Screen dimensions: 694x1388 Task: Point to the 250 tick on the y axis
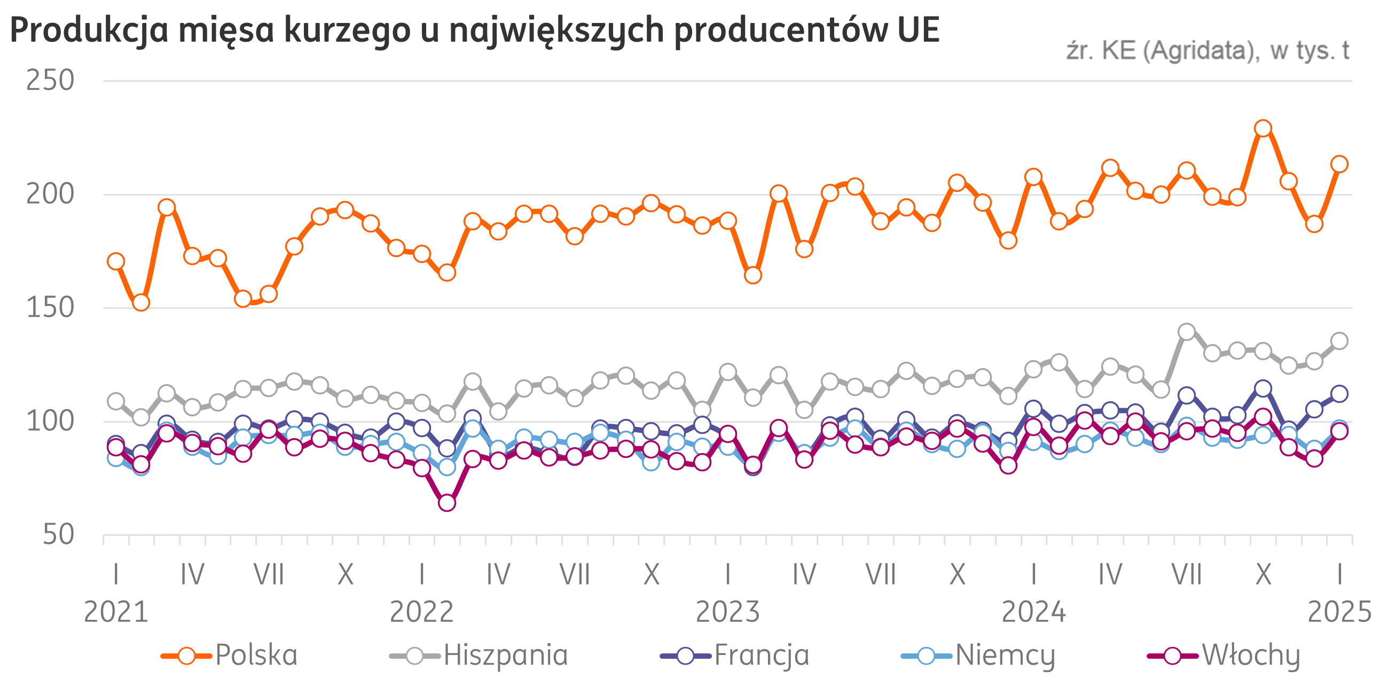(50, 81)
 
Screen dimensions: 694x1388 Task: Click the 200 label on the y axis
(50, 194)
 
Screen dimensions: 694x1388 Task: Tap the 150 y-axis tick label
(50, 308)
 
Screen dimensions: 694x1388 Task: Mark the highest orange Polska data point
(1263, 128)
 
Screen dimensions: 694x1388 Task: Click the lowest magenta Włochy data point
(446, 503)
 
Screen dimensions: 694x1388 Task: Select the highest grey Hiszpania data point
(1187, 331)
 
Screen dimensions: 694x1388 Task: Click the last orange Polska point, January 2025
(1339, 164)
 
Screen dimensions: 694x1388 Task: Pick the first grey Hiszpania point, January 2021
(116, 401)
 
